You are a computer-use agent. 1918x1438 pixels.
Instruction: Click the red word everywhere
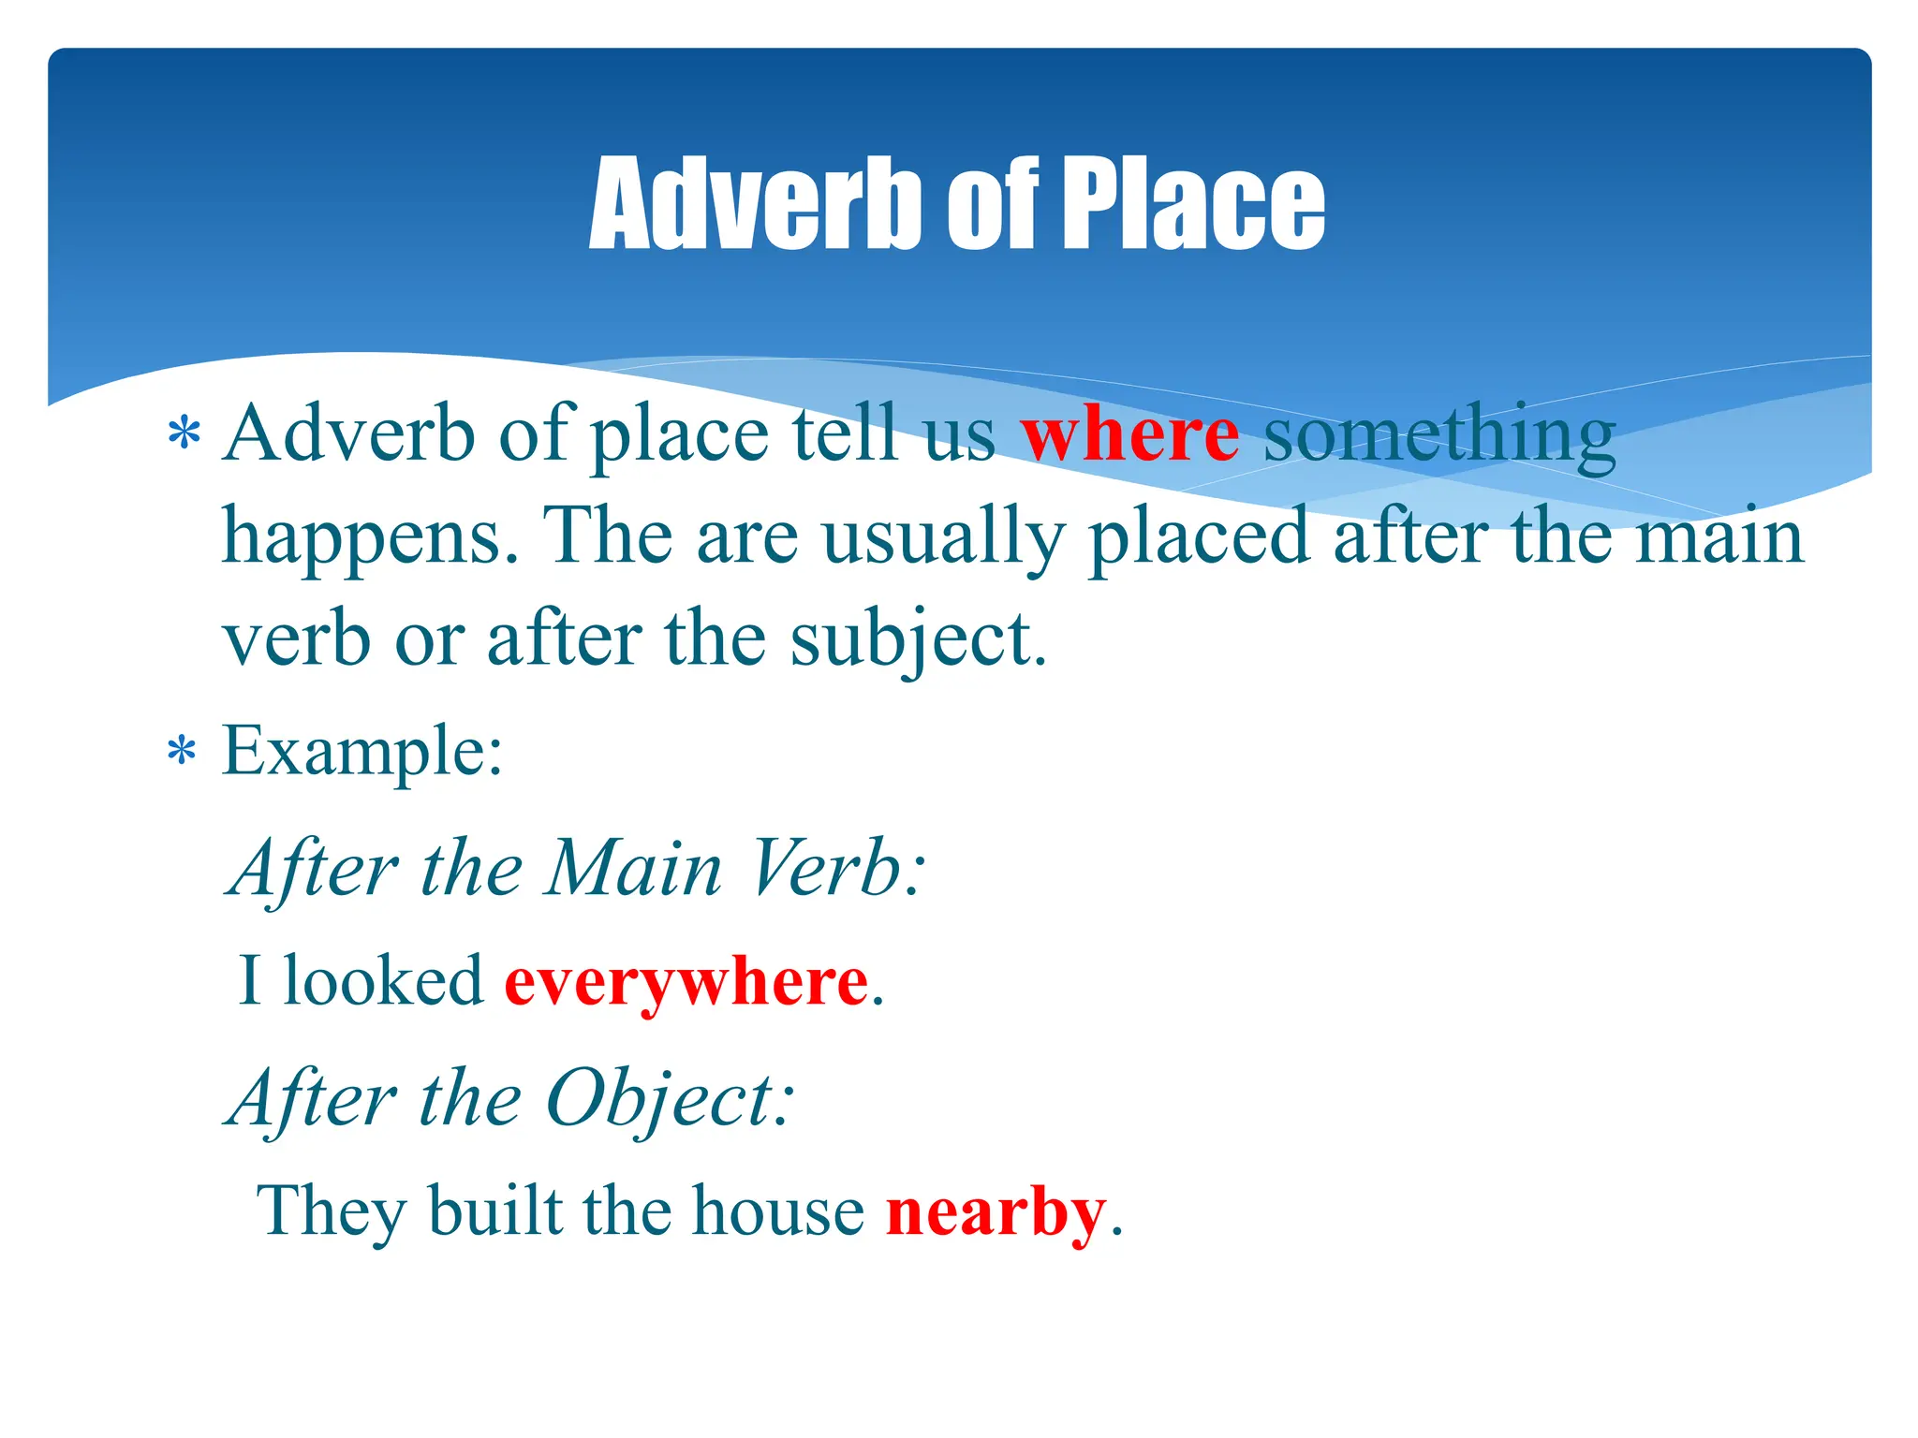(686, 983)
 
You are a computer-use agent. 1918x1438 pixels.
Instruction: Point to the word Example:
(362, 751)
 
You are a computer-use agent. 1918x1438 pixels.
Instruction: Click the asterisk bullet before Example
(183, 753)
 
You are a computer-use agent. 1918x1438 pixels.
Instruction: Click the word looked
(383, 981)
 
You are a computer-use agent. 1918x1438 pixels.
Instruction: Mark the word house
(778, 1211)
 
